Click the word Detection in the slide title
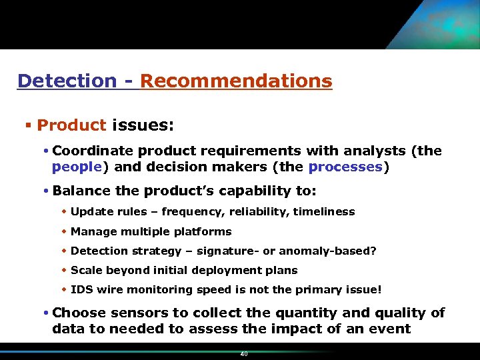(67, 81)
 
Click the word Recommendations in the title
(236, 81)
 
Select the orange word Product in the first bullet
(71, 125)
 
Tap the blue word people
(77, 167)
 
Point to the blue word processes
(345, 167)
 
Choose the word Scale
(85, 271)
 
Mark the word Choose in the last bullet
(80, 313)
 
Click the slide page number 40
(243, 354)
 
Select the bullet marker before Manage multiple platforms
(64, 232)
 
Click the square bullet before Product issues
(29, 125)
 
